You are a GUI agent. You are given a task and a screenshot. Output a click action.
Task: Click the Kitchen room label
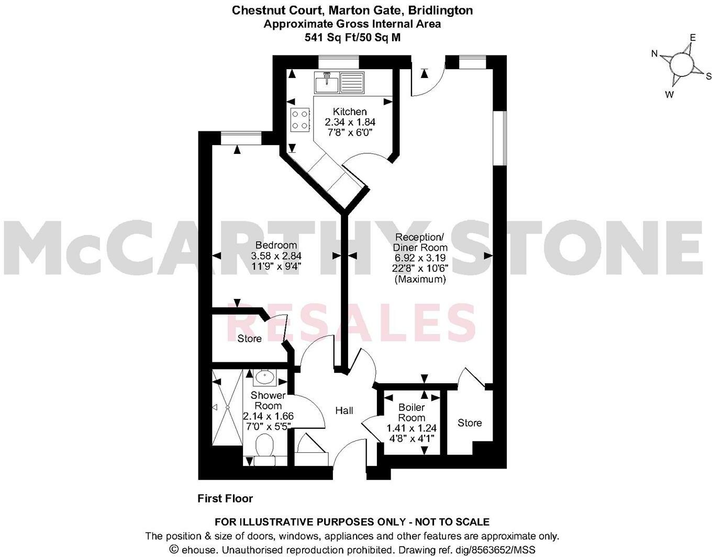point(350,112)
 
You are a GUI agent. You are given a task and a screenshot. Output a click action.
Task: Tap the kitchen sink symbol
point(327,82)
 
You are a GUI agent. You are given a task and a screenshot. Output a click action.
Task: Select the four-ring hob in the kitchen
point(299,119)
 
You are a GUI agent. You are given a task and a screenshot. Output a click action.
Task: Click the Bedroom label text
point(276,245)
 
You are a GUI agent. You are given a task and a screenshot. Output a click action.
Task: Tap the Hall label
point(344,410)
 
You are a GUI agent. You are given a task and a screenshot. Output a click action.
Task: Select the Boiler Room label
point(411,413)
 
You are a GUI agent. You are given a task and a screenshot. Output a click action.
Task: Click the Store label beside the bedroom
point(249,339)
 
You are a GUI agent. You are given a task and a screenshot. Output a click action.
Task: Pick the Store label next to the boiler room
point(469,422)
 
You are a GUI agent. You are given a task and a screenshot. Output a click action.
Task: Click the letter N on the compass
point(654,53)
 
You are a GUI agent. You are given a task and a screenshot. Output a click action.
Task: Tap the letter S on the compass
point(708,76)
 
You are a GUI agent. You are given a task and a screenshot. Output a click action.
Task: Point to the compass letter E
point(692,38)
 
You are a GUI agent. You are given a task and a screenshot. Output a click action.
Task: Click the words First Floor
point(225,498)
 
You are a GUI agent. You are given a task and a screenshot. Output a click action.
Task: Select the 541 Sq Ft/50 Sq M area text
point(352,37)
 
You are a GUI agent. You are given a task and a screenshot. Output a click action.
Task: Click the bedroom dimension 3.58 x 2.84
point(276,256)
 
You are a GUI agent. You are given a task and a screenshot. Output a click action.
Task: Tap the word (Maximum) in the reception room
point(420,280)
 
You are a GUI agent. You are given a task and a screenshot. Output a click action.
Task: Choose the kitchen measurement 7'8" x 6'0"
point(350,133)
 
